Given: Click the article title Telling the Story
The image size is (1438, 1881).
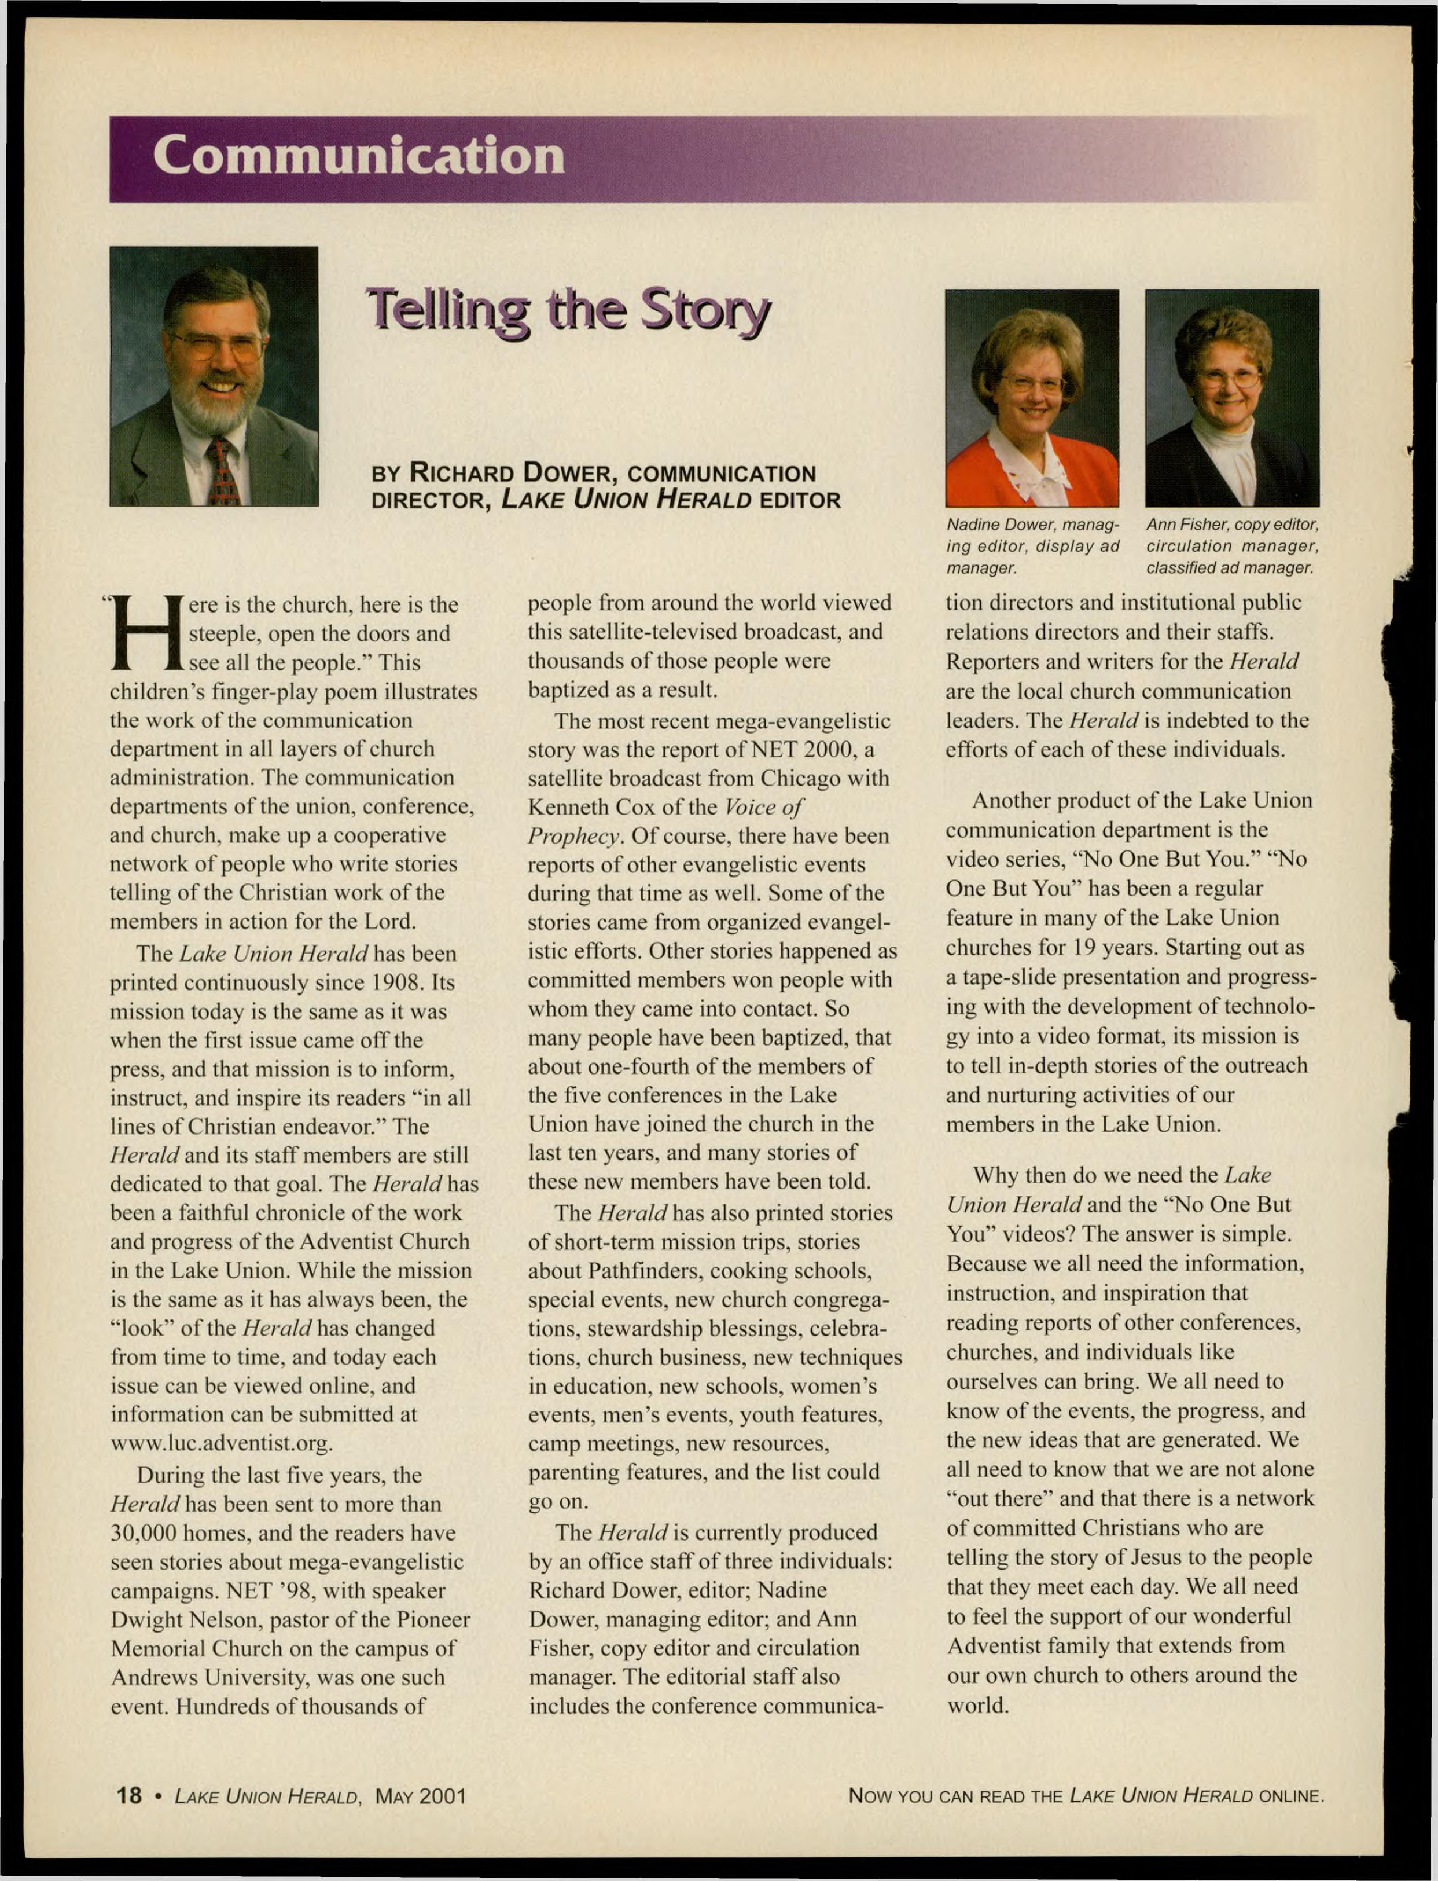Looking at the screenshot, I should [x=568, y=313].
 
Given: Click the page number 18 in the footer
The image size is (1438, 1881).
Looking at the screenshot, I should [x=128, y=1795].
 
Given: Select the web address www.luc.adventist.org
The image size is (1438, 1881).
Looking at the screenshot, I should [x=222, y=1443].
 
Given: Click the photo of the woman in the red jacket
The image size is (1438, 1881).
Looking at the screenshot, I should [x=1031, y=398].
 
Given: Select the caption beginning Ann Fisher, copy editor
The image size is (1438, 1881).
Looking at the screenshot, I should [x=1232, y=545].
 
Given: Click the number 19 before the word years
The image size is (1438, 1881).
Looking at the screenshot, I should [x=1086, y=948].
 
